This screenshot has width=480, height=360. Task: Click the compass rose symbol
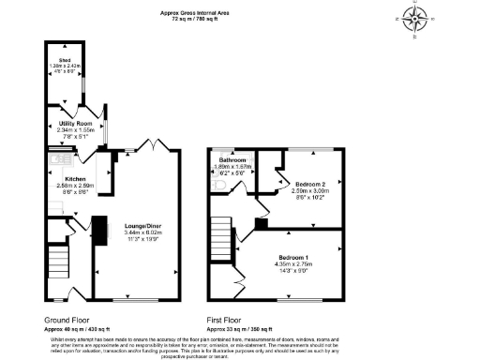415,18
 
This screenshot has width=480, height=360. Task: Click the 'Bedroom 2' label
310,184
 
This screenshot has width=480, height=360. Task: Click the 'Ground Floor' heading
67,320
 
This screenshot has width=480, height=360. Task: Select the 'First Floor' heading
228,320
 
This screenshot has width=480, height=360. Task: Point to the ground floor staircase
58,258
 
